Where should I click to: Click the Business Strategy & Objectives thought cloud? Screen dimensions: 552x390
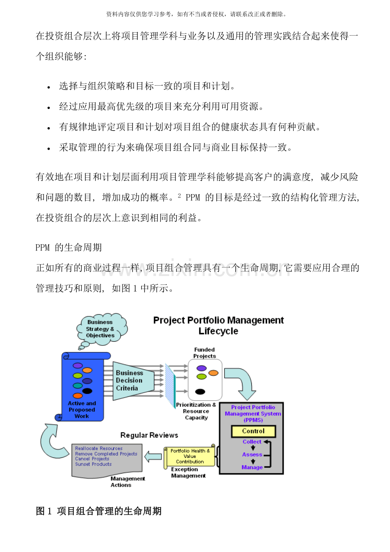click(100, 329)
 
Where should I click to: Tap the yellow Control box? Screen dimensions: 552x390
click(253, 431)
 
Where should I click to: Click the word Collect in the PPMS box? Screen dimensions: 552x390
click(252, 442)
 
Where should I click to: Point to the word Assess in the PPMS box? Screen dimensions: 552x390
click(252, 454)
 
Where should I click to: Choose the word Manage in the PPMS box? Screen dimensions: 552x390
click(252, 467)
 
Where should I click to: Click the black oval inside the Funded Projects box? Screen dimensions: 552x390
click(200, 392)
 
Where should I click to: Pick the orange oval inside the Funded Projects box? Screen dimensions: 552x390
click(213, 373)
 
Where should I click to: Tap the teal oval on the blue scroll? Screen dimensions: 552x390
click(78, 386)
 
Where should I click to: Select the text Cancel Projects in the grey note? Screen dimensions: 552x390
click(92, 459)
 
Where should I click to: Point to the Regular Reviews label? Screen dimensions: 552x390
click(149, 435)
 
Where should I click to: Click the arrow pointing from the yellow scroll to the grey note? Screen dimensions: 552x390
click(153, 457)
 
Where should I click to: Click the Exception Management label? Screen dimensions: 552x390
click(188, 473)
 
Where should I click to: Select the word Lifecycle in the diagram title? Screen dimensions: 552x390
click(218, 331)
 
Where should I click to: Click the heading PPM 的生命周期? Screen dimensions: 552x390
click(69, 247)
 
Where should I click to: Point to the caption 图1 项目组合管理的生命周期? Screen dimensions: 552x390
click(99, 511)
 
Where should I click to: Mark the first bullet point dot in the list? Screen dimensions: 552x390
click(49, 87)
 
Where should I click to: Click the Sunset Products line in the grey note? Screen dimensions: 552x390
click(93, 464)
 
